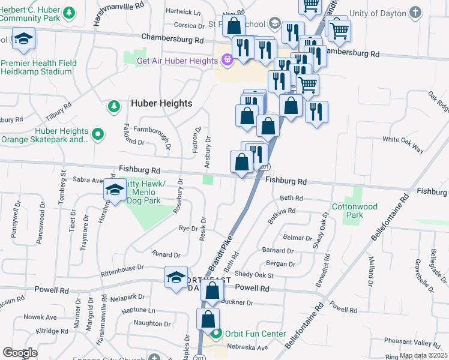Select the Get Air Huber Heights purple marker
click(227, 60)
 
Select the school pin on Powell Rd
click(176, 277)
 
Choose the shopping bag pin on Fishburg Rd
click(241, 162)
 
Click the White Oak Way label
click(403, 139)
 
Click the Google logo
click(20, 353)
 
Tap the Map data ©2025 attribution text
click(423, 355)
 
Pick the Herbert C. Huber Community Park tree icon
click(70, 12)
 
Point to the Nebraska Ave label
click(246, 347)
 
